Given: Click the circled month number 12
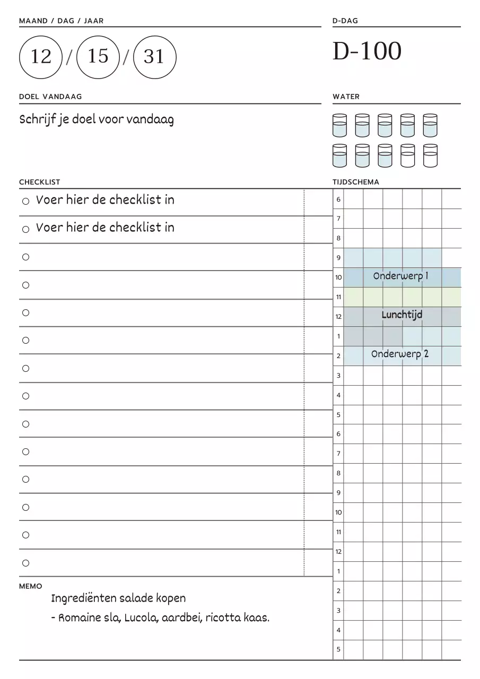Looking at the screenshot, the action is click(41, 56).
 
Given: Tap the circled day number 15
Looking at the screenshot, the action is click(98, 56).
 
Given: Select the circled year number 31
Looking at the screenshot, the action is click(154, 56).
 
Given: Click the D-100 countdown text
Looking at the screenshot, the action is click(367, 51).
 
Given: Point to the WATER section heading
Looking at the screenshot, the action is click(346, 97).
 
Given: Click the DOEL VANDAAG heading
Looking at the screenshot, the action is click(50, 97).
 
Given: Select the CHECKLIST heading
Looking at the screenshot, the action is click(40, 182).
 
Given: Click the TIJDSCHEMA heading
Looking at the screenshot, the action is click(356, 182).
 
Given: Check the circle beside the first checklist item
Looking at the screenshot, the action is click(25, 202).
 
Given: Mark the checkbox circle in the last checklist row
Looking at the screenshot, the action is click(25, 563).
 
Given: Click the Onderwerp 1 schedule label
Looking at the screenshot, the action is click(400, 276).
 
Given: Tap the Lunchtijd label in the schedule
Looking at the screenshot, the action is click(402, 315).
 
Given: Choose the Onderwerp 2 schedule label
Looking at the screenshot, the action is click(400, 354).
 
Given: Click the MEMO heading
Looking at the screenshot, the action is click(30, 586).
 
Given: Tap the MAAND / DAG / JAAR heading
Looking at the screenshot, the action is click(61, 21).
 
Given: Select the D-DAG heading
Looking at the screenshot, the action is click(345, 21).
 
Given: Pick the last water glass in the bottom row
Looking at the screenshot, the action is click(430, 156).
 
